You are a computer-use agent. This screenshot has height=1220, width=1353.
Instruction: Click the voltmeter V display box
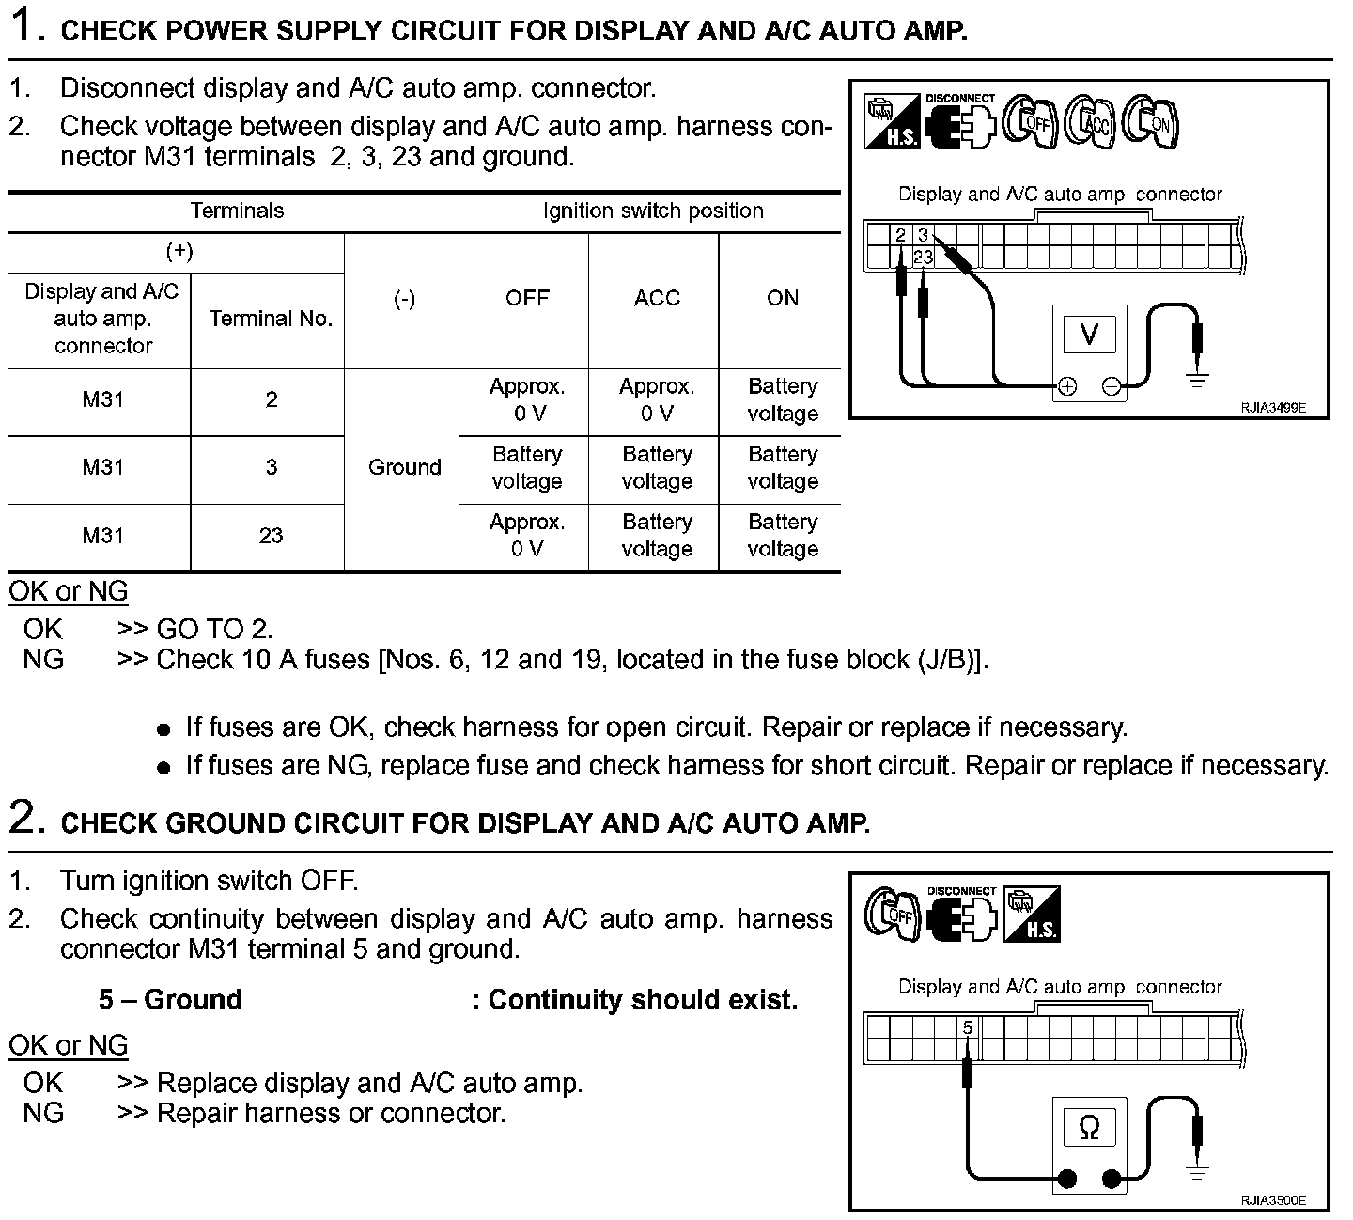tap(1089, 334)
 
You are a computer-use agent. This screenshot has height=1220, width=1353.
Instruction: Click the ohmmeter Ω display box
tap(1089, 1127)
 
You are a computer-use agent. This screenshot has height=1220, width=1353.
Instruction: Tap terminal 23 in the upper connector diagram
tap(923, 257)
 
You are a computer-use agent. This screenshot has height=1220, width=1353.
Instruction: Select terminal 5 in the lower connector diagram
tap(968, 1027)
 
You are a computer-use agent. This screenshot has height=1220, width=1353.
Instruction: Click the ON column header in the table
tap(782, 299)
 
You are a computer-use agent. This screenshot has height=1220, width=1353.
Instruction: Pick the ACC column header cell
tap(656, 299)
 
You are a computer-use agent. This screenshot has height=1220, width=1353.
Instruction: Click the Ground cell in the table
tap(404, 467)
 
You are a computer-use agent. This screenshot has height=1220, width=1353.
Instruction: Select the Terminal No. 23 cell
tap(271, 536)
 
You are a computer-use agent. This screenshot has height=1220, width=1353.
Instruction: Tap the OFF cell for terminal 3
tap(526, 467)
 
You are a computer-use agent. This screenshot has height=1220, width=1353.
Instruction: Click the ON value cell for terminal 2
tap(782, 399)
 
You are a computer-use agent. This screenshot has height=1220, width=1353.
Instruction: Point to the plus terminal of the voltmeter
tap(1066, 386)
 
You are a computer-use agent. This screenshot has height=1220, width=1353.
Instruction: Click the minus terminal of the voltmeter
tap(1112, 386)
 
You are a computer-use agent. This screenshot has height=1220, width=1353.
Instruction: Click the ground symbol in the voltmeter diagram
tap(1197, 381)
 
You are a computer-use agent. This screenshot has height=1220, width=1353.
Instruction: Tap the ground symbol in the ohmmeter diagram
tap(1197, 1173)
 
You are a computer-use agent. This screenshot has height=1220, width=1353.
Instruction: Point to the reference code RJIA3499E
tap(1272, 408)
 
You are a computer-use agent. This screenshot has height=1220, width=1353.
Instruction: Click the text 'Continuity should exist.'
tap(643, 999)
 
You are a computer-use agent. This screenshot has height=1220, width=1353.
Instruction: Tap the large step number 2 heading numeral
tap(25, 818)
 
